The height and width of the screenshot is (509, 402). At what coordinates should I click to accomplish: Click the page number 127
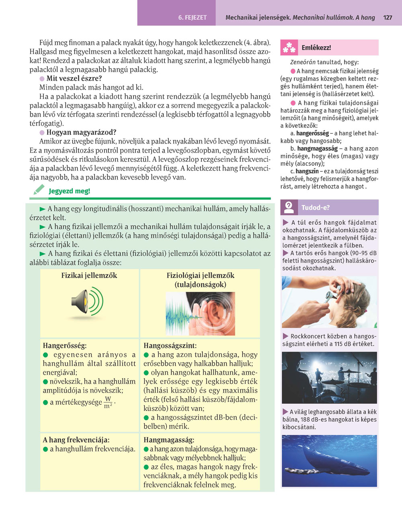point(388,18)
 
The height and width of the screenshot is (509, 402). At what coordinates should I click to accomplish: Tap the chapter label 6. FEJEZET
point(192,18)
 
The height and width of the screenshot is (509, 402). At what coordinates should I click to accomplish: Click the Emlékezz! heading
point(316,48)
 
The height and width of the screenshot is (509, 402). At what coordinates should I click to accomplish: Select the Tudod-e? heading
point(316,208)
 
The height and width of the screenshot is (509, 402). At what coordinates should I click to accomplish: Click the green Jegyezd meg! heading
point(69,191)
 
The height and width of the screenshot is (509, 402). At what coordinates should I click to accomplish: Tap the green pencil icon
point(39,190)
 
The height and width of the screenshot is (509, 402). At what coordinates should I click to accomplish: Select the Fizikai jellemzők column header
point(89,275)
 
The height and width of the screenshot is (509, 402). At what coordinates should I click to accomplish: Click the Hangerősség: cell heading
point(65,346)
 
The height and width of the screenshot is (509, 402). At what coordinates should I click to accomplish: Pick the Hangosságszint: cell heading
point(170,346)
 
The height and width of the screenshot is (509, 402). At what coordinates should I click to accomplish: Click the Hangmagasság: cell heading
point(169,440)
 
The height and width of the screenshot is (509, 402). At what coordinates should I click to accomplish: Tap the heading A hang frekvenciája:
point(76,440)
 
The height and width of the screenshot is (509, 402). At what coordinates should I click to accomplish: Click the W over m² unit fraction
point(108,402)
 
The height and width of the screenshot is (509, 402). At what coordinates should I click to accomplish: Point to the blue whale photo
point(330,461)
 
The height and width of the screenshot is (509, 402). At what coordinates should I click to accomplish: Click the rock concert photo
point(330,378)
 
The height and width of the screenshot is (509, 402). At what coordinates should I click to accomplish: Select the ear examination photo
point(330,302)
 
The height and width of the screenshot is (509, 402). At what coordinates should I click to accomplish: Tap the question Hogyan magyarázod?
point(81,132)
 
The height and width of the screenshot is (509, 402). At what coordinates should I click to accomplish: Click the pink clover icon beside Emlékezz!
point(289,48)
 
